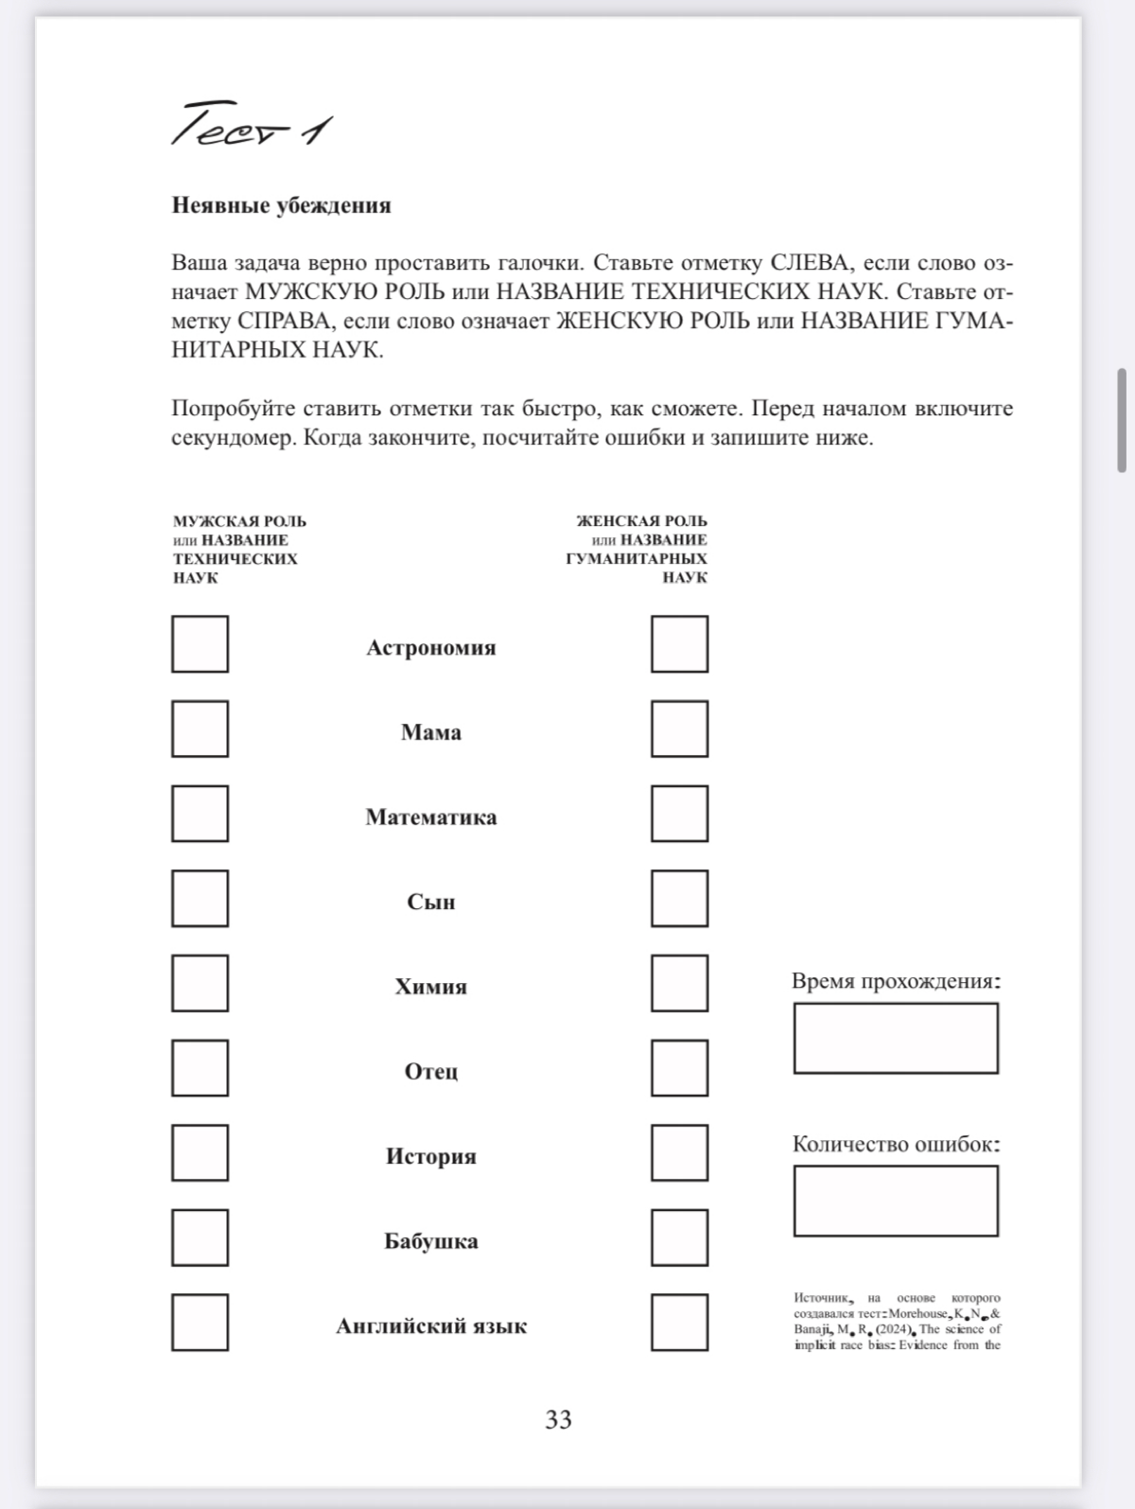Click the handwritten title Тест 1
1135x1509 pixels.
click(251, 125)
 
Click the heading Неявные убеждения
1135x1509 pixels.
click(281, 205)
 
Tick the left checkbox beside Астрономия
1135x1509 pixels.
click(200, 644)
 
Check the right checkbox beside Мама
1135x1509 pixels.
click(679, 728)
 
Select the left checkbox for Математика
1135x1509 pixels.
click(200, 814)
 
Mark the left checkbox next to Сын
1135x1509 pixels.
click(200, 898)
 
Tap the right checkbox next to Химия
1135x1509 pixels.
click(679, 983)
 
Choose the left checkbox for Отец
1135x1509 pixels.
click(200, 1067)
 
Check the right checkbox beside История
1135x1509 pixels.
click(679, 1152)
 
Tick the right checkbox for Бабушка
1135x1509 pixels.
click(679, 1237)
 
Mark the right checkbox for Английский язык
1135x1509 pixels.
click(679, 1322)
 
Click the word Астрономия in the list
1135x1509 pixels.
click(430, 648)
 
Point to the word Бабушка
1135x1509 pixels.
click(430, 1241)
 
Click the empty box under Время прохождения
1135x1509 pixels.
click(895, 1038)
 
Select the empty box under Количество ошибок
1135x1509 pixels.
click(895, 1201)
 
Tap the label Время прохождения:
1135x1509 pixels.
click(895, 981)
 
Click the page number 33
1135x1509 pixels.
click(558, 1419)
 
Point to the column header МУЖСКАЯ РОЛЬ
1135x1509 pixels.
click(239, 521)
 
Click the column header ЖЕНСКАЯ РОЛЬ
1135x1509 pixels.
click(641, 521)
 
